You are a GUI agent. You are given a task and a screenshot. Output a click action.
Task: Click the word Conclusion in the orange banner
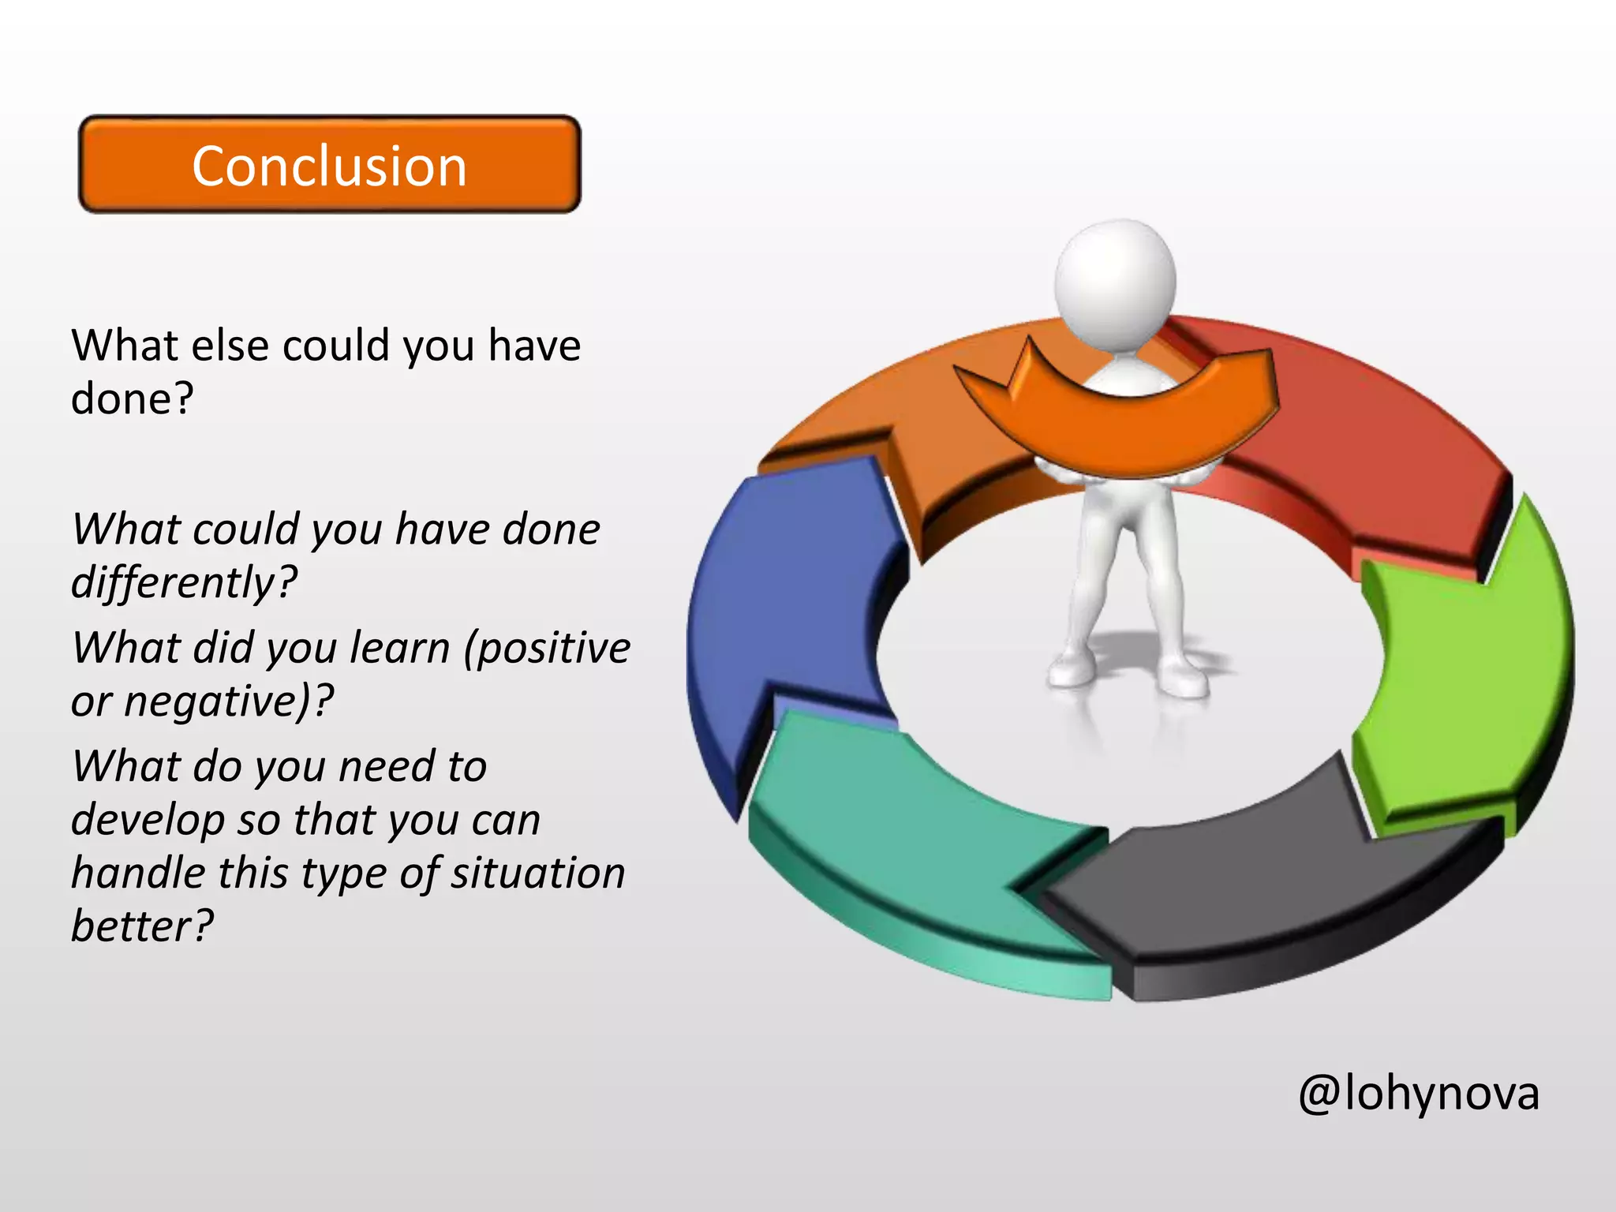click(329, 166)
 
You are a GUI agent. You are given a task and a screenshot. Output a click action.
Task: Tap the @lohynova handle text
click(1418, 1093)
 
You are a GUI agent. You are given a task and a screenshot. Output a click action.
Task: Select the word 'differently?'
click(184, 582)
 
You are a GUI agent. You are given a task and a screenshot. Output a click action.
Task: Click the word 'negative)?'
click(229, 701)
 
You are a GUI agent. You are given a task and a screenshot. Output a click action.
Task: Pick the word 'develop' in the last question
click(148, 821)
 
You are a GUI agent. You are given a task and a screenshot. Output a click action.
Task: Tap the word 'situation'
click(537, 873)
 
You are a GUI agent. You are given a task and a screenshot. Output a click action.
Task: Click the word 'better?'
click(142, 926)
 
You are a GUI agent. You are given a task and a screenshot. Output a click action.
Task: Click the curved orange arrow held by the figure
click(1120, 430)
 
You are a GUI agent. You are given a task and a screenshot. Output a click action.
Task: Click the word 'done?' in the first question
click(132, 399)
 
